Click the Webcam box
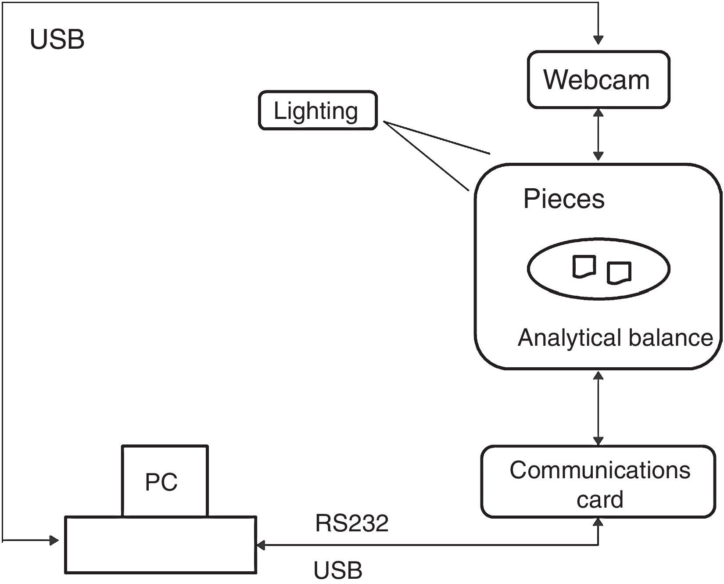(x=598, y=79)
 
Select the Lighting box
(x=318, y=111)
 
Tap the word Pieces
(x=564, y=199)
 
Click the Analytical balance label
(x=615, y=338)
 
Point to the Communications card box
(x=598, y=482)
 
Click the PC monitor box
(x=165, y=481)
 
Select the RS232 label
(x=352, y=523)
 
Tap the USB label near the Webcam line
(x=57, y=39)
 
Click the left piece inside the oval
(x=584, y=266)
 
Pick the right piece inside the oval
(x=619, y=272)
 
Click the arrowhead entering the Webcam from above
(x=598, y=40)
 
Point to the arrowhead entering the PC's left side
(x=54, y=540)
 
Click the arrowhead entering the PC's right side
(x=261, y=545)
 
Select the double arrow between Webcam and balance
(x=598, y=134)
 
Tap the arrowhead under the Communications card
(x=598, y=522)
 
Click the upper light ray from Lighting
(x=437, y=138)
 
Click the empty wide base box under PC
(x=161, y=545)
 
